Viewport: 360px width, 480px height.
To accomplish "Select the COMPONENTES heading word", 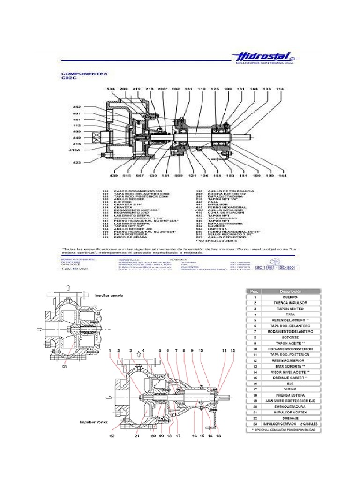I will pos(78,74).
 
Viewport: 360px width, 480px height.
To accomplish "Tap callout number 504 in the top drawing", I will pos(111,89).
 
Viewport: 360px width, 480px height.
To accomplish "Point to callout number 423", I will pos(76,163).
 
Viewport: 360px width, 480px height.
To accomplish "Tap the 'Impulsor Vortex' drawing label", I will pos(94,421).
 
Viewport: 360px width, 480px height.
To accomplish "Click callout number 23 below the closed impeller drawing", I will pos(64,368).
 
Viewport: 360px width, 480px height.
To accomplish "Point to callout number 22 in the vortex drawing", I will pos(112,436).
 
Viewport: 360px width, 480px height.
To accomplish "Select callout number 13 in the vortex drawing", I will pos(218,436).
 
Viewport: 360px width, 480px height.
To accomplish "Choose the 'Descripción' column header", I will pos(291,291).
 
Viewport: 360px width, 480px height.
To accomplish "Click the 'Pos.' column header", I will pos(255,291).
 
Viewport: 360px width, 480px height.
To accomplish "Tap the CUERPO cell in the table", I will pos(291,297).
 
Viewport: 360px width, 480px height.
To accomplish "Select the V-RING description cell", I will pos(291,389).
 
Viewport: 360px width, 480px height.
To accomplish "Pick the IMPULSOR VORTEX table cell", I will pos(291,412).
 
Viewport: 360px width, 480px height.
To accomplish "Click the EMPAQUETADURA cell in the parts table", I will pos(291,406).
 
